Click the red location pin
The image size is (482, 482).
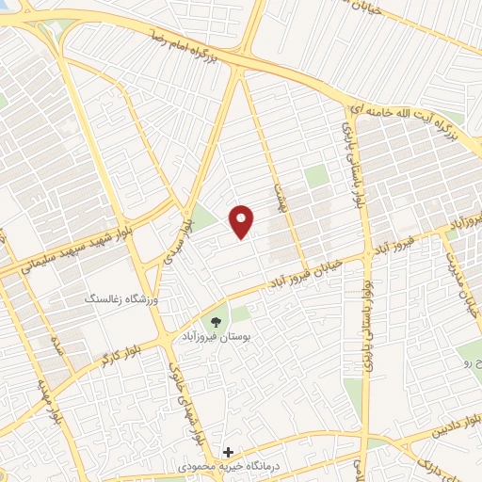point(243,221)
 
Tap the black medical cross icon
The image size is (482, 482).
point(227,452)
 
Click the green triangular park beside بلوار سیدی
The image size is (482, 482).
point(201,217)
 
